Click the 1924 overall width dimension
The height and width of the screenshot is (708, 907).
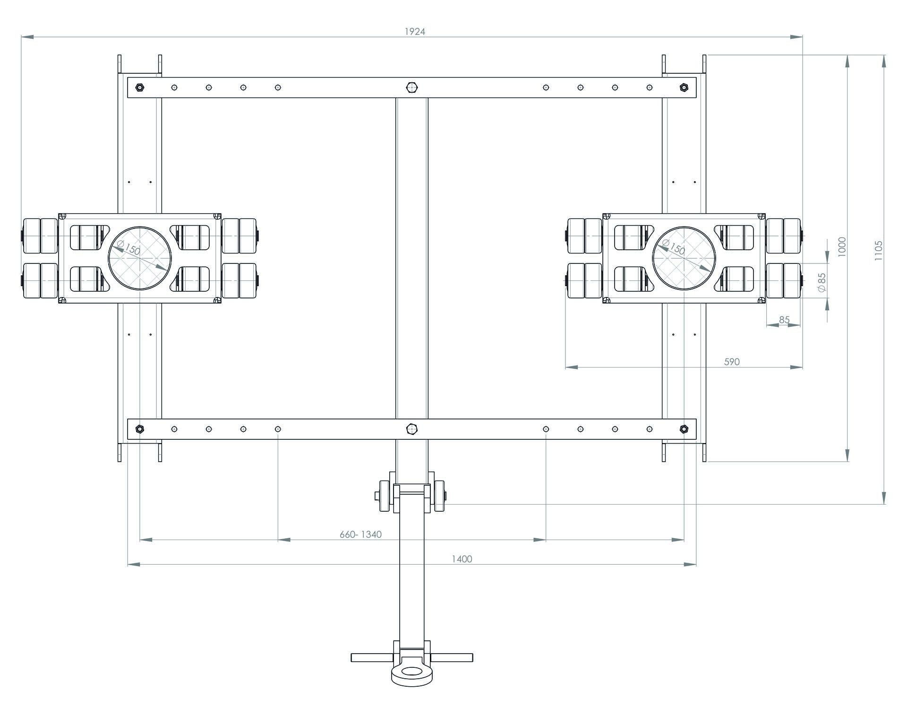click(x=415, y=32)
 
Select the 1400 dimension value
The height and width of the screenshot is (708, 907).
click(x=462, y=559)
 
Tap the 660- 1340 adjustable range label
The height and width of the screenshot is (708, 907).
click(x=360, y=534)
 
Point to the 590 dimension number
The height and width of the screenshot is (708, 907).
click(x=731, y=362)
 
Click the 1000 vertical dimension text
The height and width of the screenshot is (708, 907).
click(x=841, y=246)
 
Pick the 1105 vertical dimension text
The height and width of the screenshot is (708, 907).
click(x=878, y=250)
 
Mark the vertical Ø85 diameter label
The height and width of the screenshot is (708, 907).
click(x=822, y=282)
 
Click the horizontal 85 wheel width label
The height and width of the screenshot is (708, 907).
click(x=784, y=320)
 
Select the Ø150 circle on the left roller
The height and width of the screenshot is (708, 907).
click(x=140, y=258)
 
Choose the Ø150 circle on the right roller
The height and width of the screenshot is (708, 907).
click(x=684, y=258)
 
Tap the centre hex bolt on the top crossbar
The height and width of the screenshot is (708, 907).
click(x=412, y=87)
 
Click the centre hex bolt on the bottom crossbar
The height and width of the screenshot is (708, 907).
click(x=412, y=429)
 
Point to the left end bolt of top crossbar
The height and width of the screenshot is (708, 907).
click(x=140, y=87)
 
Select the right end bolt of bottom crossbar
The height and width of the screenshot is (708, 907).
click(x=684, y=429)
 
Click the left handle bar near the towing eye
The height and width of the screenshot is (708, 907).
click(x=371, y=657)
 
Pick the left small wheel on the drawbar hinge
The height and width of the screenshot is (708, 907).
click(x=385, y=496)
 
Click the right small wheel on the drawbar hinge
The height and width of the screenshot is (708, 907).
click(x=439, y=496)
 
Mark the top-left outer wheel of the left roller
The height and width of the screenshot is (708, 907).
click(x=32, y=236)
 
